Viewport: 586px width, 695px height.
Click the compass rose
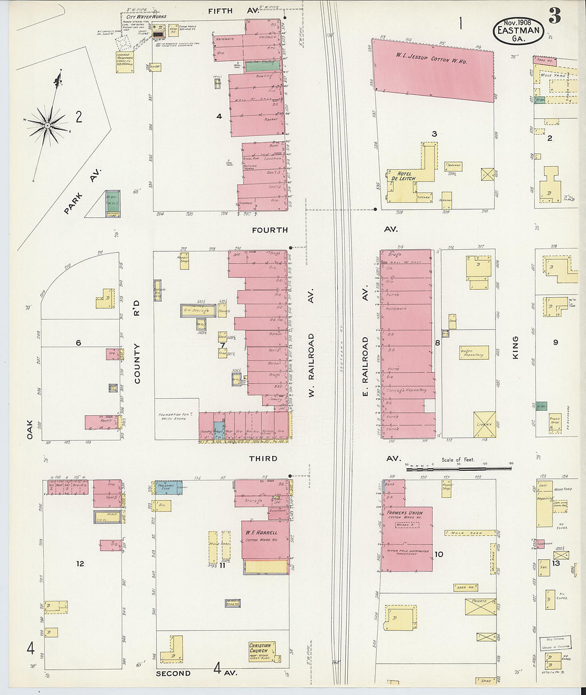[x=47, y=125]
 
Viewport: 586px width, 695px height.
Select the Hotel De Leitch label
[x=403, y=176]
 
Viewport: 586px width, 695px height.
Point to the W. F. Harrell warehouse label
[x=262, y=535]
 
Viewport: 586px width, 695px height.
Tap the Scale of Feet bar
[x=459, y=469]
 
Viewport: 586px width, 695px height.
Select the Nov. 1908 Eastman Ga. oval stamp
[x=517, y=30]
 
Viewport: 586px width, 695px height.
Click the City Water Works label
[x=146, y=17]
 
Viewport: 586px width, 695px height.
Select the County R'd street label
[x=137, y=347]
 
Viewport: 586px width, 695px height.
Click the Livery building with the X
[x=484, y=424]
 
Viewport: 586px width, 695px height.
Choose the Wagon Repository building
[x=474, y=353]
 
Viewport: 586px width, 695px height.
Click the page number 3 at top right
[x=555, y=17]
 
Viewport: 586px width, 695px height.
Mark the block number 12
[x=80, y=563]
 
